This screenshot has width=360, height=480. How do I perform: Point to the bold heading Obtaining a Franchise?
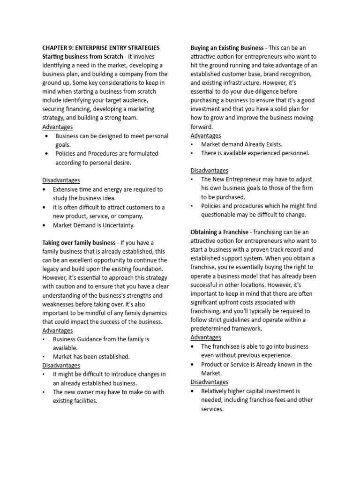click(219, 232)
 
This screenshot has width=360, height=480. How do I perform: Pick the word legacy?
click(52, 269)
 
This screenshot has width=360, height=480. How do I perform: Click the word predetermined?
click(210, 329)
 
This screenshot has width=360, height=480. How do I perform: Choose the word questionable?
click(219, 215)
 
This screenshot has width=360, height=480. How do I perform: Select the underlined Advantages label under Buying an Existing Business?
click(206, 135)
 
